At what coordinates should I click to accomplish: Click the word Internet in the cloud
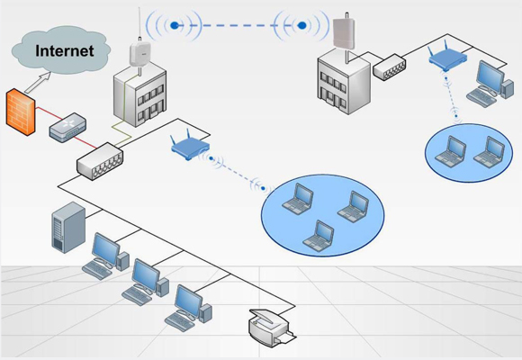coord(65,51)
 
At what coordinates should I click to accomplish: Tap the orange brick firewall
coord(21,112)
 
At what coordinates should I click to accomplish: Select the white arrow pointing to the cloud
coord(38,82)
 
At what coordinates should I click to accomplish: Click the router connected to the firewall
coord(67,128)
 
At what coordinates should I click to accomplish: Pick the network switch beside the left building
coord(100,161)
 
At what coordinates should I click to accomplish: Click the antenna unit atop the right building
coord(344,32)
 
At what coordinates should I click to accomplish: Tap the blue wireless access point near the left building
coord(190,146)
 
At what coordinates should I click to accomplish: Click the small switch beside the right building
coord(389,67)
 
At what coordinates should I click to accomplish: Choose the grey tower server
coord(68,228)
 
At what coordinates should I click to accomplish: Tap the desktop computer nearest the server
coord(105,256)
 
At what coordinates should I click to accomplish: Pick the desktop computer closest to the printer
coord(188,308)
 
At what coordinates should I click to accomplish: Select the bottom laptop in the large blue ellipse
coord(319,236)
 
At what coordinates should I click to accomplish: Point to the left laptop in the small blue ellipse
coord(450,151)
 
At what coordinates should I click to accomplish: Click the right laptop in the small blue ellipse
coord(489,151)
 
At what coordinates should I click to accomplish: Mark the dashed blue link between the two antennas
coord(238,25)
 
